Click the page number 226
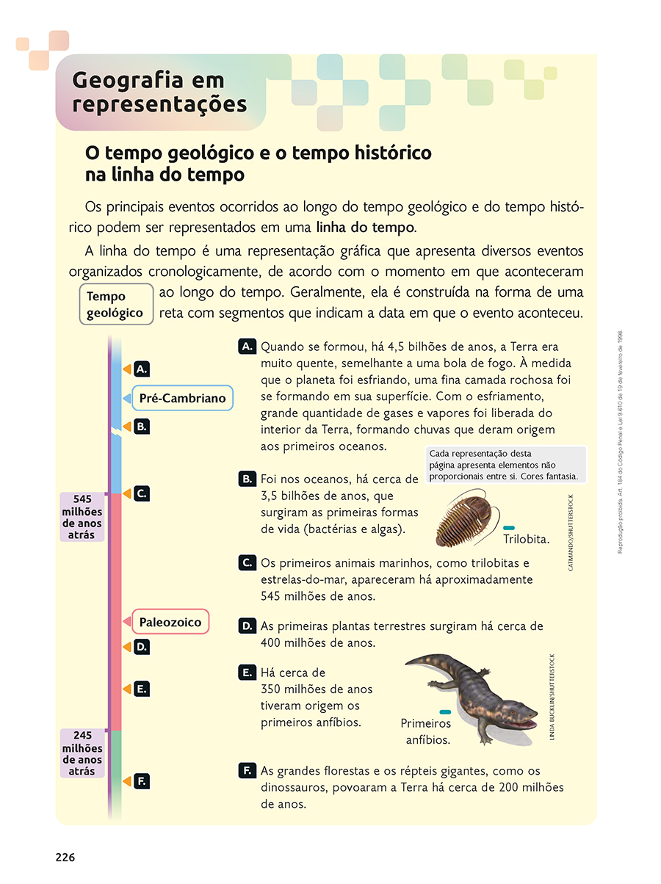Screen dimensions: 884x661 [65, 857]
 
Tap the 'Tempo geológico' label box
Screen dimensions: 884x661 [116, 304]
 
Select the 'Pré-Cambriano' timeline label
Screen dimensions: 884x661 [182, 399]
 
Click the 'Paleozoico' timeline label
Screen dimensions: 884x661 [170, 623]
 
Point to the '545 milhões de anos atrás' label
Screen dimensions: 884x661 [82, 516]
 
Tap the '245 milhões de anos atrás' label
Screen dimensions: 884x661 [82, 753]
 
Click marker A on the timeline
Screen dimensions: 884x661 [142, 369]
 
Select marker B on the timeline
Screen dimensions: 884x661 [142, 426]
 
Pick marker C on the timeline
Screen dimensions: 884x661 [142, 493]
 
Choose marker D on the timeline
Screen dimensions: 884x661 [142, 647]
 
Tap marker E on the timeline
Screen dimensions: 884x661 [142, 689]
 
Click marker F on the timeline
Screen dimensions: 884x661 [142, 781]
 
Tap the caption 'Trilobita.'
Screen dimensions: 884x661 [526, 540]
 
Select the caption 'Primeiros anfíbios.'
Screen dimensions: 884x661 [426, 731]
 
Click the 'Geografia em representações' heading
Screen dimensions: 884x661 [159, 92]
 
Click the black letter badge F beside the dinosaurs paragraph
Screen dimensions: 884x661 [247, 770]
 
